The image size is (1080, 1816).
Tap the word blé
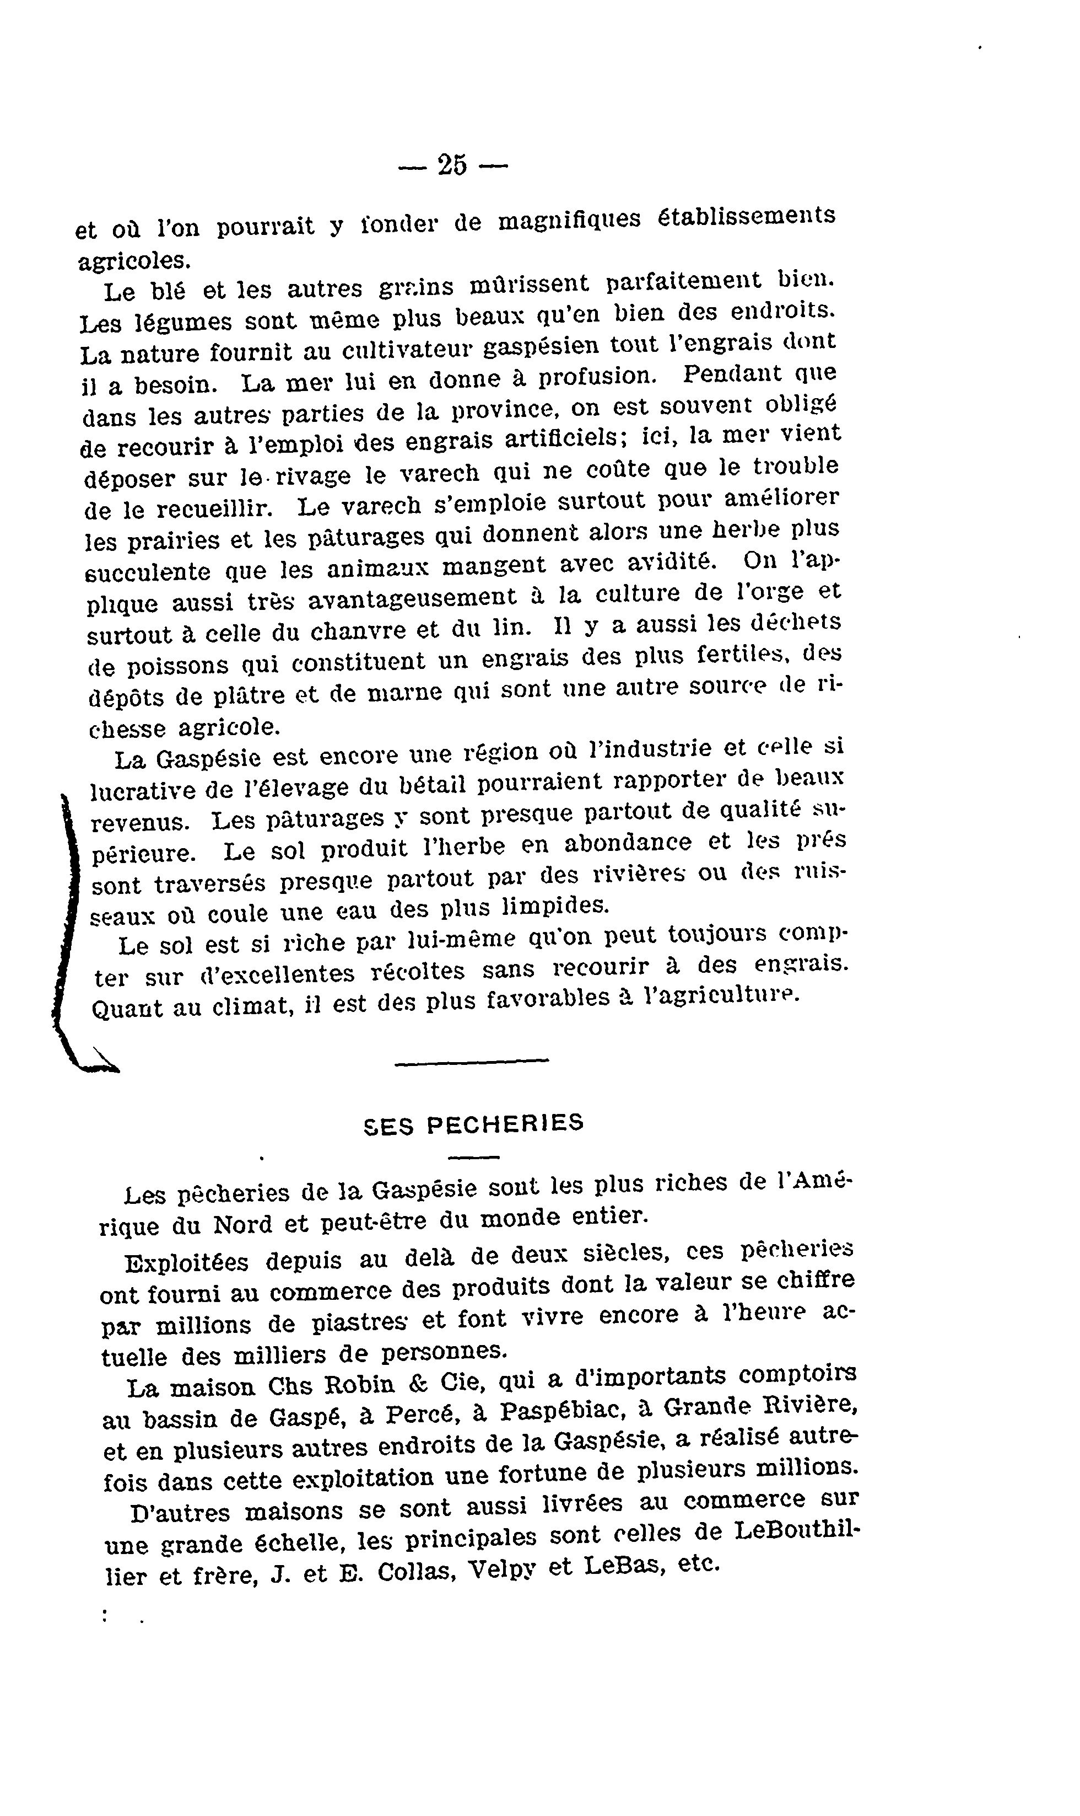click(x=168, y=291)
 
